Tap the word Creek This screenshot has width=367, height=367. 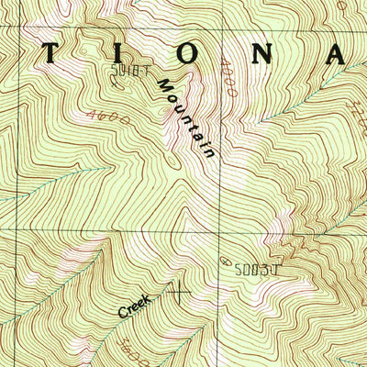point(137,305)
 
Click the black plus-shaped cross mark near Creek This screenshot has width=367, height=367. point(179,294)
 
